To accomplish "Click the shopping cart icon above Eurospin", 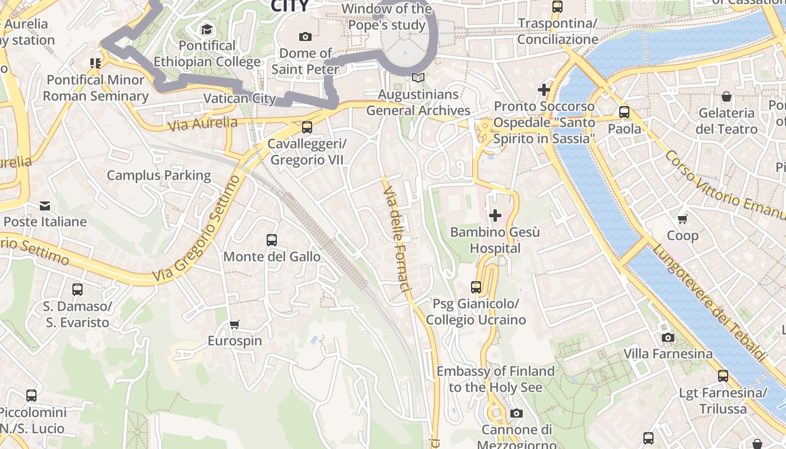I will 235,324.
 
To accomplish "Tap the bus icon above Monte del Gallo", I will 272,240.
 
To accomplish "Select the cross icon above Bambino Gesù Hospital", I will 495,216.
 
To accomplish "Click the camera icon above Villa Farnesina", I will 668,337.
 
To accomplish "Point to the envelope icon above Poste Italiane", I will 45,205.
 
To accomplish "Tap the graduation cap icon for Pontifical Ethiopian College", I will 207,29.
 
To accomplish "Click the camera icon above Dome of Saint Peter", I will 305,37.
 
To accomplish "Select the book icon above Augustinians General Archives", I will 418,77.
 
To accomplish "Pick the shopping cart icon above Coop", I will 683,219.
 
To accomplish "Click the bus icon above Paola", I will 624,112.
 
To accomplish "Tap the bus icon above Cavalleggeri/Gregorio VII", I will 307,127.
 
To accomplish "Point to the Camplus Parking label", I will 159,176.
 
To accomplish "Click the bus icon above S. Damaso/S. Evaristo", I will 77,290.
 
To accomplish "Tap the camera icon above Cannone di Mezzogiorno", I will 517,414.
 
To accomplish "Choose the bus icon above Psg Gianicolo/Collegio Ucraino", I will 476,287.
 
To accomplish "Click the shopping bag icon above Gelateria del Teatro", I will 726,97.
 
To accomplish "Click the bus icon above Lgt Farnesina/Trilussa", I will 723,376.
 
